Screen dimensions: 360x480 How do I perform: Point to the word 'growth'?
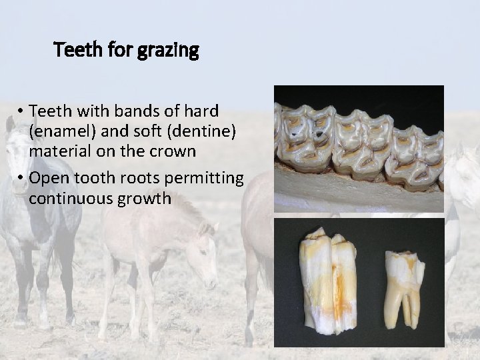tap(147, 199)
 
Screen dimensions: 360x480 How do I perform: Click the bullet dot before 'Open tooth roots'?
tap(22, 179)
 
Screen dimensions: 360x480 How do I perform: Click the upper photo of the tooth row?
tap(359, 148)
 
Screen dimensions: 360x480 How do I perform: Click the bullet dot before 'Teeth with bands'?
tap(22, 111)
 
